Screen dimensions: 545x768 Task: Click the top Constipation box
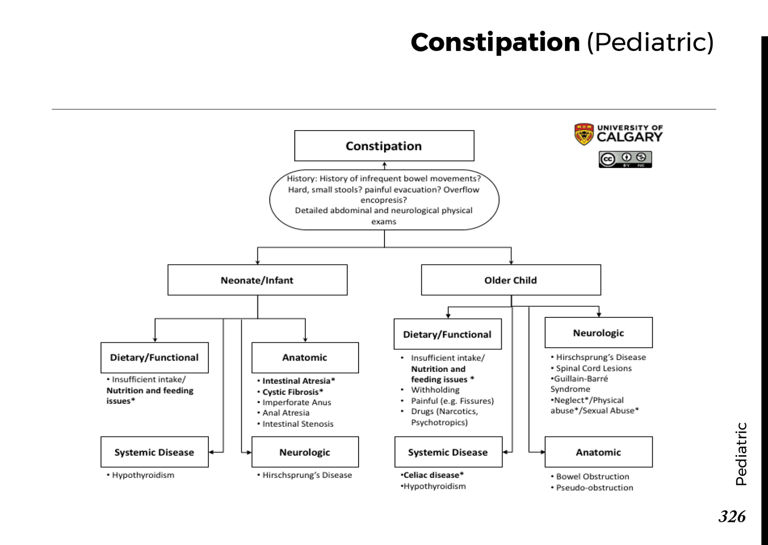[x=384, y=145]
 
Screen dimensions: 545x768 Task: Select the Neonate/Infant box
[x=257, y=280]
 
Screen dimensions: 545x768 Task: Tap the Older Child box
[x=511, y=280]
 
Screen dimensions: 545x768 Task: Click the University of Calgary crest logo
[x=584, y=134]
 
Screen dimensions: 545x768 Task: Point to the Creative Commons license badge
[x=625, y=159]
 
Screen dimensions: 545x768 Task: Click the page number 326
[x=732, y=517]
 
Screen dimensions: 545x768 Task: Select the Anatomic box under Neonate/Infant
[x=305, y=357]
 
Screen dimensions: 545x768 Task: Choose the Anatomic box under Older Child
[x=598, y=452]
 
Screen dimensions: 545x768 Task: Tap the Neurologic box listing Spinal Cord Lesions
[x=598, y=332]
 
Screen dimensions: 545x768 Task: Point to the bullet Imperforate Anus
[x=296, y=402]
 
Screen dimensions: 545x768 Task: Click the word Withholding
[x=435, y=390]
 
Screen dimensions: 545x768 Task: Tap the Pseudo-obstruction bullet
[x=594, y=487]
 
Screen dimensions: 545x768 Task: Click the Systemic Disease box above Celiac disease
[x=448, y=452]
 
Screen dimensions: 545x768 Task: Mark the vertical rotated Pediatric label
[x=741, y=454]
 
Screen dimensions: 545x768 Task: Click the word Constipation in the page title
[x=495, y=42]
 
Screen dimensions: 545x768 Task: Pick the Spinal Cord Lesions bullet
[x=593, y=368]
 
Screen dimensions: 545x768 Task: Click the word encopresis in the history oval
[x=383, y=200]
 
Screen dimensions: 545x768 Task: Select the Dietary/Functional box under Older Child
[x=447, y=334]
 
